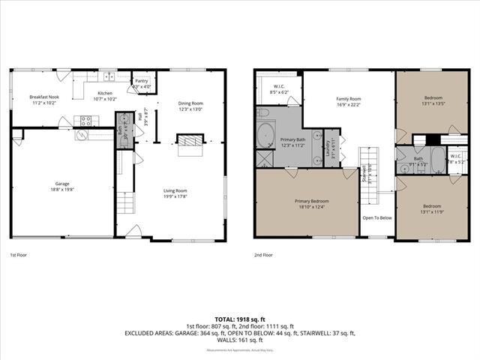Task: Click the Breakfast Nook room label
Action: pos(43,97)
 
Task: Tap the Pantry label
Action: pos(142,82)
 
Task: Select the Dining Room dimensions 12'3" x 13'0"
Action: pos(190,109)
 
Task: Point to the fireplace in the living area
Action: pos(189,140)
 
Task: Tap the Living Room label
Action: pos(175,190)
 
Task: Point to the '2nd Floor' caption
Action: pos(264,254)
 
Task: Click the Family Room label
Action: pos(348,99)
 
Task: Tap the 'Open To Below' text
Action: pos(377,217)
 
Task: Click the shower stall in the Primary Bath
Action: pos(264,159)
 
